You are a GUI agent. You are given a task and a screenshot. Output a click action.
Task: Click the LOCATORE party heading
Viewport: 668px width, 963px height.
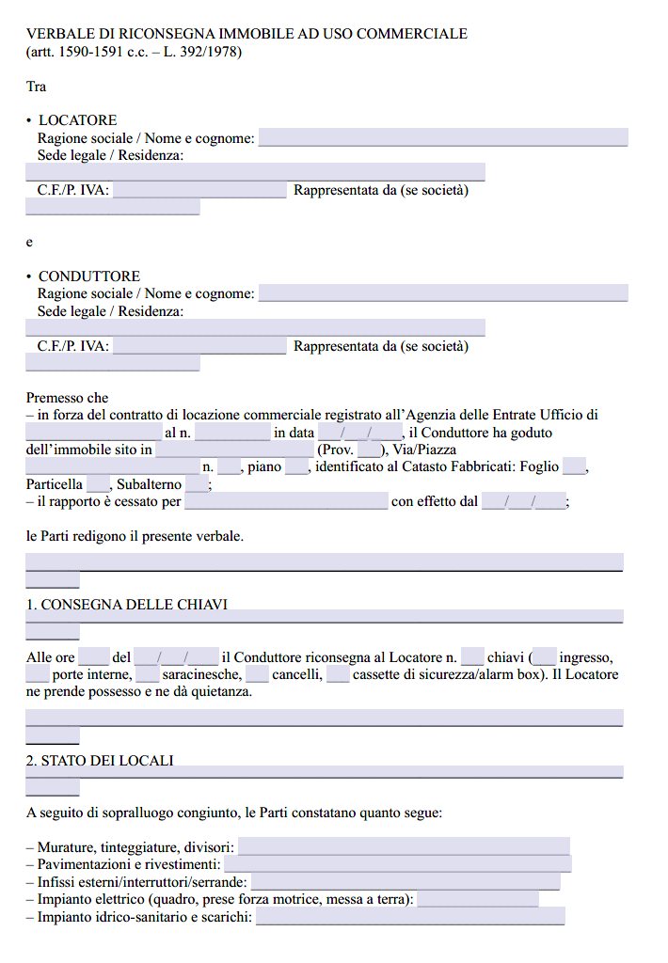[78, 120]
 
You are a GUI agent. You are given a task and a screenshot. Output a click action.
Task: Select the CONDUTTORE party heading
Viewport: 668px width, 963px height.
[89, 276]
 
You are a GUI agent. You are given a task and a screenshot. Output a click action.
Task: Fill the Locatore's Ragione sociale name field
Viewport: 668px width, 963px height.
[443, 138]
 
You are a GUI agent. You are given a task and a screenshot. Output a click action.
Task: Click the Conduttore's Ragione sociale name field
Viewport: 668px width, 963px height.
[443, 293]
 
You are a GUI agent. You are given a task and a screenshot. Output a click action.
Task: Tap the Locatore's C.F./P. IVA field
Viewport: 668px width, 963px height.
[199, 191]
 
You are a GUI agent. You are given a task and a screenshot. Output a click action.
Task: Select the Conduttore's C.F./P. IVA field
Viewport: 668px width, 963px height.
[199, 346]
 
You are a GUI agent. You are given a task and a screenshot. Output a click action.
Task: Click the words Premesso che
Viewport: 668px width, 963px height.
[67, 398]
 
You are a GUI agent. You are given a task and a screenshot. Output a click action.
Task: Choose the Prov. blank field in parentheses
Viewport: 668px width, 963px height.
[368, 450]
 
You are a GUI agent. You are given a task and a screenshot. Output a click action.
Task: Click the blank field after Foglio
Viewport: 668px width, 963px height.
[574, 466]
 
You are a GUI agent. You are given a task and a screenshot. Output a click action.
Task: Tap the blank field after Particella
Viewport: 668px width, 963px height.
[98, 484]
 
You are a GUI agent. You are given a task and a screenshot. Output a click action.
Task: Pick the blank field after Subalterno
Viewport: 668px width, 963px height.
[197, 484]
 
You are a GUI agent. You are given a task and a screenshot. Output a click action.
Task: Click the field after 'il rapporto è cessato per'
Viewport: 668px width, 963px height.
[286, 501]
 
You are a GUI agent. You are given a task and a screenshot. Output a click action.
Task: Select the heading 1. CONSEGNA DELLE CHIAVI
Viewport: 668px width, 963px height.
[127, 605]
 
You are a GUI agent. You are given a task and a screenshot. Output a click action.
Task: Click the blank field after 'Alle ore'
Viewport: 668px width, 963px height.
[93, 657]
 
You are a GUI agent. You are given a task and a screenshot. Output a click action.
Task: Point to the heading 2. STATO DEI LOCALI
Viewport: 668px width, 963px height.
[100, 761]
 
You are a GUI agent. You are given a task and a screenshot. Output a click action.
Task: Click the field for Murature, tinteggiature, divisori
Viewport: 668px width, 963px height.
[404, 847]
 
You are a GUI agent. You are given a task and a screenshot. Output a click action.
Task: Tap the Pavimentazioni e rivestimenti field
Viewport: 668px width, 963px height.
[397, 864]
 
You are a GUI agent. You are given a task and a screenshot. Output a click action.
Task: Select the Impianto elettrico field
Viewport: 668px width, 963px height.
[478, 900]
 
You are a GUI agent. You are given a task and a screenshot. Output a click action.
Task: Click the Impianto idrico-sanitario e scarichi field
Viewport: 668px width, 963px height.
[410, 917]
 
